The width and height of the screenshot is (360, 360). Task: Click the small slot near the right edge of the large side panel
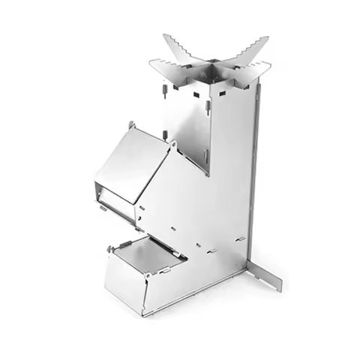pos(241,238)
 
